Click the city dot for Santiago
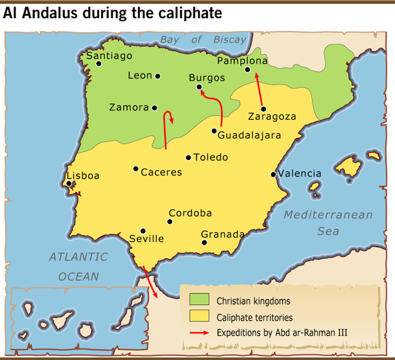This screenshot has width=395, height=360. tap(99, 63)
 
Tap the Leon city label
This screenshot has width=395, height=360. tap(140, 75)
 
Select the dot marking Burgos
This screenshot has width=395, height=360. tap(199, 87)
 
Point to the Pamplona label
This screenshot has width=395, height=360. tap(242, 61)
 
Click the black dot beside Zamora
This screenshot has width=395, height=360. tap(155, 108)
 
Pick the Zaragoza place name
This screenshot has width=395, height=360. tap(272, 117)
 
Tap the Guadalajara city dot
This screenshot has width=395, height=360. tap(214, 131)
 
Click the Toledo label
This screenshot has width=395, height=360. tap(211, 157)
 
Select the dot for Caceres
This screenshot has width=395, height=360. tap(136, 169)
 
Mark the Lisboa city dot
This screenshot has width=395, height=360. tap(69, 183)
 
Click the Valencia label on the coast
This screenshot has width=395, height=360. tap(300, 174)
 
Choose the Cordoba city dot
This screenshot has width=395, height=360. tap(170, 222)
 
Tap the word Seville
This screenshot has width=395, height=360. tap(146, 239)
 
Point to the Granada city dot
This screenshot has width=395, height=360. tap(204, 243)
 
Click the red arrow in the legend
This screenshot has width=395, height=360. tap(200, 332)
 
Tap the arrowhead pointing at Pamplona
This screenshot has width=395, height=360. tap(256, 76)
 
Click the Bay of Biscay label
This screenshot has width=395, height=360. tap(204, 40)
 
